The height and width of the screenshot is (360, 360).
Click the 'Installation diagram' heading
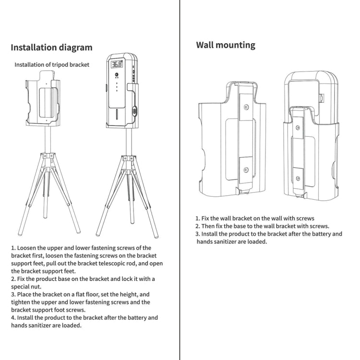51,48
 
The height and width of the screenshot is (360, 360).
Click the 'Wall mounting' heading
226,45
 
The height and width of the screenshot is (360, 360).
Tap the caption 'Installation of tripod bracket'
52,65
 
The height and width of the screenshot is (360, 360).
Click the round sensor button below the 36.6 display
116,75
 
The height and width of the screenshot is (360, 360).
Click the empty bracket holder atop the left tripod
43,96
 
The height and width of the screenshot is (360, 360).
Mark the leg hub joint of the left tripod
47,157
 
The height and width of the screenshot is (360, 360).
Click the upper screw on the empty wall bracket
246,108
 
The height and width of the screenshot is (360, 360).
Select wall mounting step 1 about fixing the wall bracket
254,218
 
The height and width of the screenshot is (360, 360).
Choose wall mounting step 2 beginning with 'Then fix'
262,226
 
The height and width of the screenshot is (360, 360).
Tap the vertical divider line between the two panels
180,192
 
